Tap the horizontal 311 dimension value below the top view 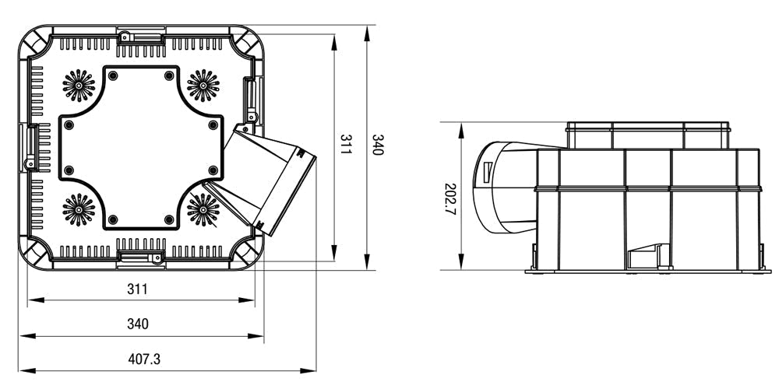pos(137,289)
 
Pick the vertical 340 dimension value pos(378,144)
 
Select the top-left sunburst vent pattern pos(78,85)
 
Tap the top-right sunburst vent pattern pos(203,85)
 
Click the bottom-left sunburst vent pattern pos(78,209)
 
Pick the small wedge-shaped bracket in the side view pos(648,256)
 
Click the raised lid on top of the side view pos(648,135)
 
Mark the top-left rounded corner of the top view pos(35,42)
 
